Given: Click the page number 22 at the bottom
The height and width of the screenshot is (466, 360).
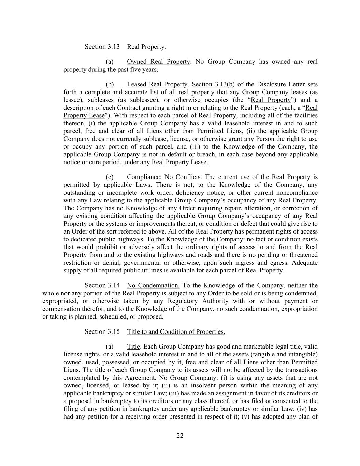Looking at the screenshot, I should tap(180, 435).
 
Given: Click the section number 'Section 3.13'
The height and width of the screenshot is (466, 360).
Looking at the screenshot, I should tap(102, 47).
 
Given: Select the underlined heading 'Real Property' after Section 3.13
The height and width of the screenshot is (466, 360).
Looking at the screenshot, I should tap(146, 47).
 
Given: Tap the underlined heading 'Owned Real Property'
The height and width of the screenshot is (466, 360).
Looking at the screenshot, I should tap(158, 62).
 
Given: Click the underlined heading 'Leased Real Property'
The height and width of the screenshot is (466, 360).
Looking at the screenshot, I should tap(157, 84).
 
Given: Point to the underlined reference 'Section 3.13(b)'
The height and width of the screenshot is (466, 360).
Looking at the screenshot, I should tap(213, 84).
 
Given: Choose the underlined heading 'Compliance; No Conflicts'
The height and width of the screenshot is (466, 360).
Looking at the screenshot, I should tap(163, 177).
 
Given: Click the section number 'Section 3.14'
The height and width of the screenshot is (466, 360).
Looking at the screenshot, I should tap(102, 285).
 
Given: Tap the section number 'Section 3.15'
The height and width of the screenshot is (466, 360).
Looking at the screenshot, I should tap(102, 331).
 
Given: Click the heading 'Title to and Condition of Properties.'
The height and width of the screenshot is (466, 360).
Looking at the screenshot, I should tap(176, 331).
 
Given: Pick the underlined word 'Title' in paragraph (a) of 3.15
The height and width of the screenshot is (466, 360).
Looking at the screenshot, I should tap(133, 347).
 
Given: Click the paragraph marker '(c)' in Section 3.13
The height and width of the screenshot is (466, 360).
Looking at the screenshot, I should tap(110, 177).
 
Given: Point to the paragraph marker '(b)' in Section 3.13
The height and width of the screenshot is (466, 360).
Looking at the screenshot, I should tap(110, 84).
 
